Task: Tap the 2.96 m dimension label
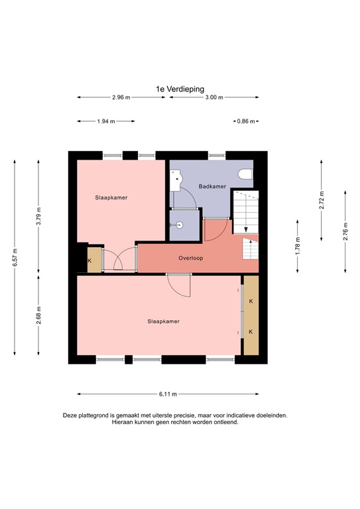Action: point(121,97)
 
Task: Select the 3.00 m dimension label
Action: point(213,97)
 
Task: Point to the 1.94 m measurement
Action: point(106,121)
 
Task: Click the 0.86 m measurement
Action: point(245,121)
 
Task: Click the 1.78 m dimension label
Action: point(298,247)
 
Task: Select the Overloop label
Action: point(190,258)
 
